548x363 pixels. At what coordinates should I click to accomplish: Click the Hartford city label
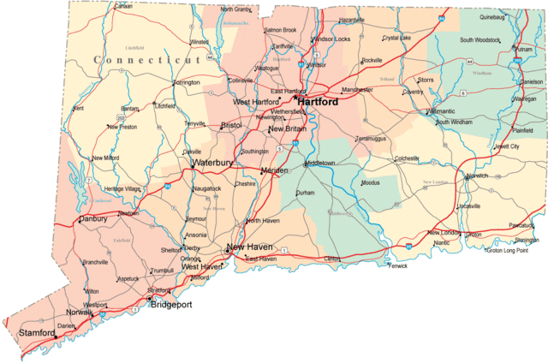coord(317,102)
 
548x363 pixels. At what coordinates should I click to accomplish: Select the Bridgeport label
coord(171,305)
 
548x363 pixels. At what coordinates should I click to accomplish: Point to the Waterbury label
coord(212,162)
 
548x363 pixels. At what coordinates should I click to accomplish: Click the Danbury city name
coord(92,219)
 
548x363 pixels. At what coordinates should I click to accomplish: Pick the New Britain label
coord(287,128)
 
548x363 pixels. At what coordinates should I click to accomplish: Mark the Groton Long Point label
coord(511,251)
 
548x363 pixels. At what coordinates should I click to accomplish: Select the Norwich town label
coord(477,176)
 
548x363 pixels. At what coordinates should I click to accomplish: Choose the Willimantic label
coord(444,111)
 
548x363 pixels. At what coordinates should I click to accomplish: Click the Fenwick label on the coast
coord(398,265)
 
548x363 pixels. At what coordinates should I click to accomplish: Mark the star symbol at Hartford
coord(295,98)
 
